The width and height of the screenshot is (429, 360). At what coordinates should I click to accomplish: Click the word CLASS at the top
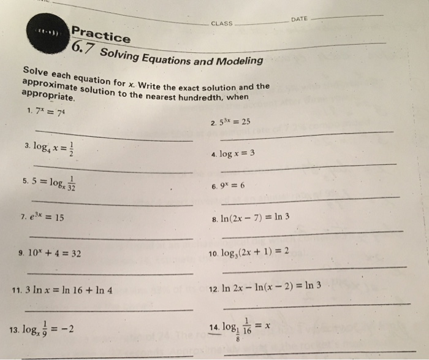(222, 23)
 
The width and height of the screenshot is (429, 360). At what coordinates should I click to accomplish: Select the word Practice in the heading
(101, 35)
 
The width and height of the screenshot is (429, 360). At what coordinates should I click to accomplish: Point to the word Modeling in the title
(238, 61)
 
